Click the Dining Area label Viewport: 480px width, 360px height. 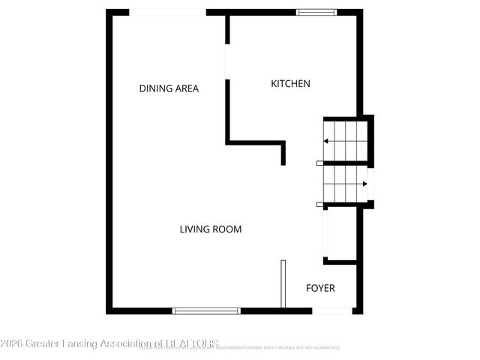point(169,88)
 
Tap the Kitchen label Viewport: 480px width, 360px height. point(290,84)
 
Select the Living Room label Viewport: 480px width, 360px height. point(211,229)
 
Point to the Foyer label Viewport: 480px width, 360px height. point(320,288)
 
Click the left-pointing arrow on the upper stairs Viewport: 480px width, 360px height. point(327,140)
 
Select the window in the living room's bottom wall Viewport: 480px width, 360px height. point(206,310)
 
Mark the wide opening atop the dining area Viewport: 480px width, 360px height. point(167,12)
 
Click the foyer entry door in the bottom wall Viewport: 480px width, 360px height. point(332,310)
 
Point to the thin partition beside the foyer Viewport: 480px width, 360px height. point(283,283)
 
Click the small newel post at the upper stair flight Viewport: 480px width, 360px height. point(319,163)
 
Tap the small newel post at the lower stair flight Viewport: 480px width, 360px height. point(319,204)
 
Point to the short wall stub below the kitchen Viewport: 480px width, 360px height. point(283,153)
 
